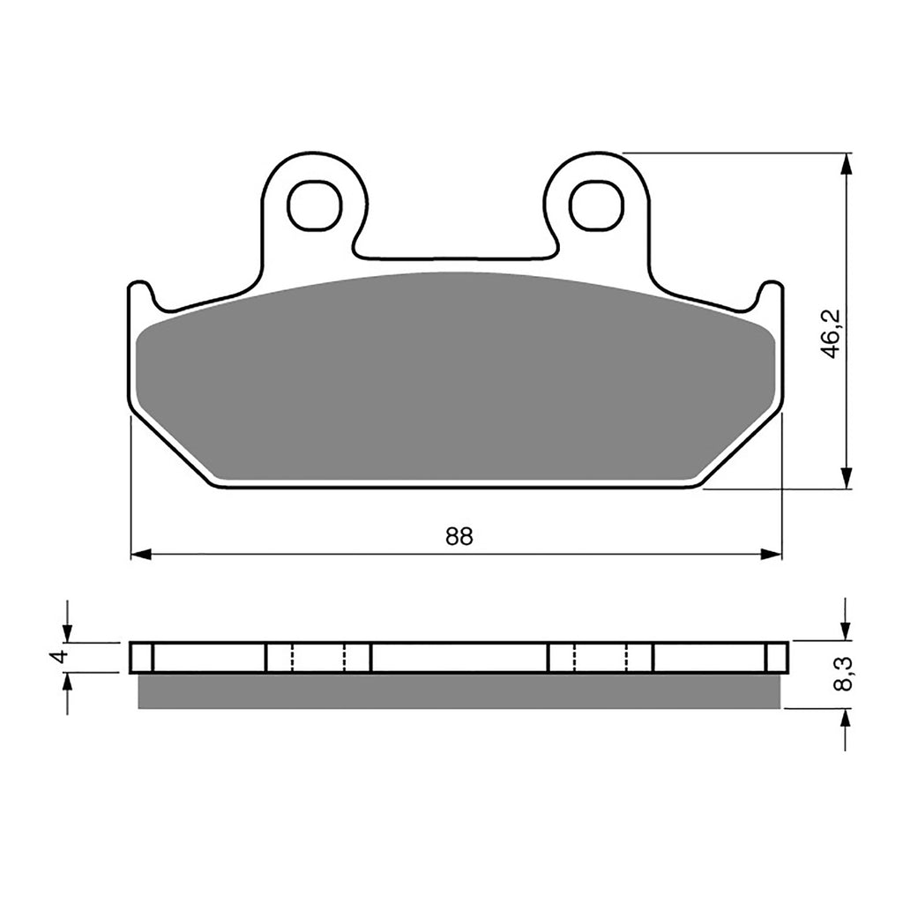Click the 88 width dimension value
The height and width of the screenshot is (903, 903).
point(459,537)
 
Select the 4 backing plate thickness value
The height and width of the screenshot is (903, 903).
point(58,658)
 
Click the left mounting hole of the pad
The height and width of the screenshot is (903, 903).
point(315,206)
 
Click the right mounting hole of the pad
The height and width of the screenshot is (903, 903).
point(596,206)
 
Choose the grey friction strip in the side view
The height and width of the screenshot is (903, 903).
point(459,691)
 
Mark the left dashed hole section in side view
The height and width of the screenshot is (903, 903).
point(318,657)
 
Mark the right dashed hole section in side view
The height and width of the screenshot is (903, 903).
point(601,657)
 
